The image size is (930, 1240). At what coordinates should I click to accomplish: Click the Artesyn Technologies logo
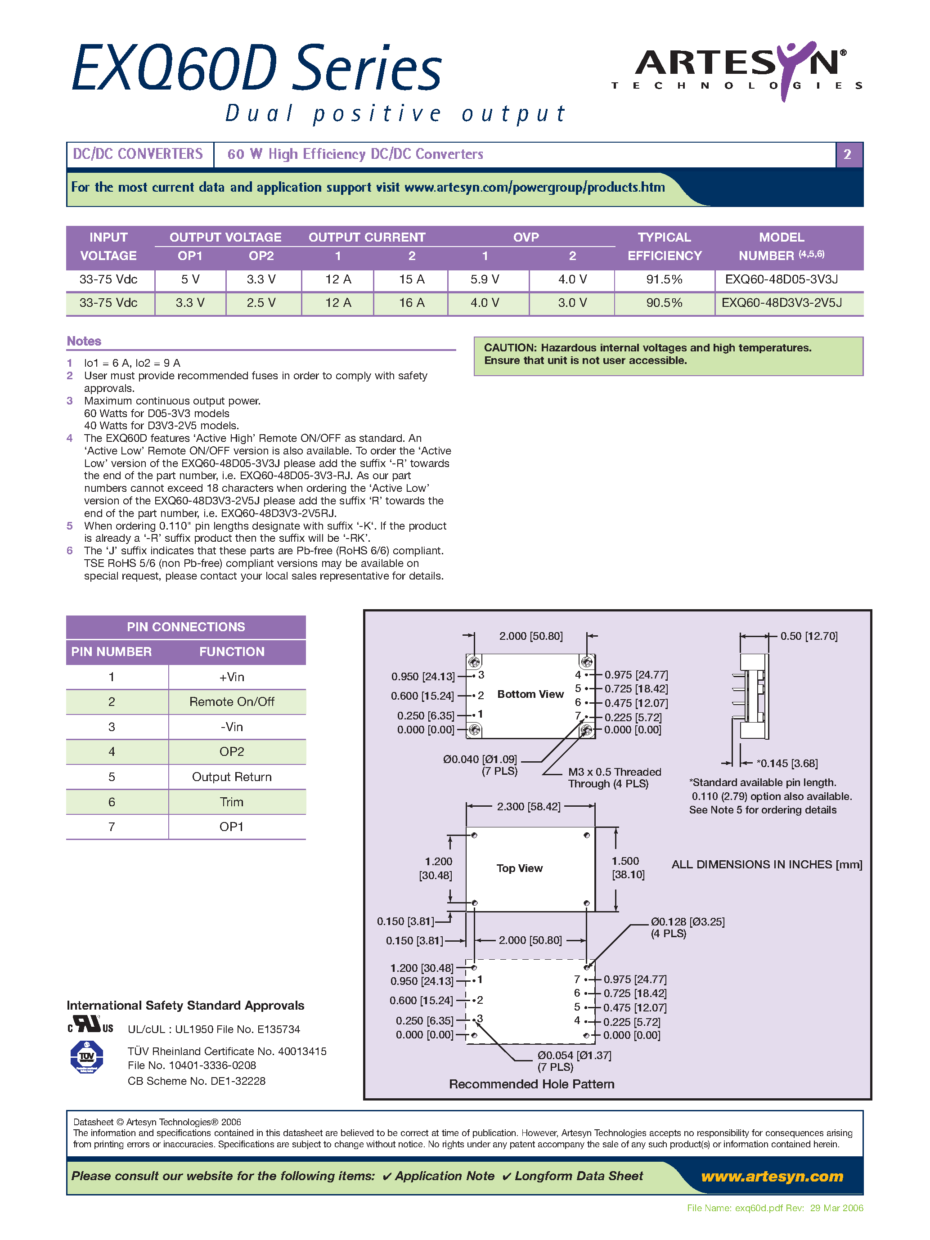[x=737, y=70]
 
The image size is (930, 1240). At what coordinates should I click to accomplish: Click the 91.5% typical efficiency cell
[x=664, y=279]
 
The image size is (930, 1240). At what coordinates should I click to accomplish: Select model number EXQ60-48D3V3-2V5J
[x=782, y=303]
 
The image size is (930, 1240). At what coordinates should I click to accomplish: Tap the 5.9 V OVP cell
[x=485, y=279]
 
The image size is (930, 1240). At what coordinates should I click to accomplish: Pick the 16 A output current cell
[x=412, y=303]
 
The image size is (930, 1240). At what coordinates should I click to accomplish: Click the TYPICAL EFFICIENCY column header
[x=664, y=246]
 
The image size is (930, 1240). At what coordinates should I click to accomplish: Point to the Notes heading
[x=84, y=341]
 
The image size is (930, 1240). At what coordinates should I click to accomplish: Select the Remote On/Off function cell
[x=232, y=702]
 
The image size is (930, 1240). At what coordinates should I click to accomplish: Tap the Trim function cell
[x=232, y=802]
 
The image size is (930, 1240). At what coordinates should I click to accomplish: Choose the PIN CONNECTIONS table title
[x=185, y=627]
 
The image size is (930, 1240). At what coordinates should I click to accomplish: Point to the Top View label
[x=519, y=868]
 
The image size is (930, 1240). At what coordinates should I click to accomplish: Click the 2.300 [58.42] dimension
[x=529, y=806]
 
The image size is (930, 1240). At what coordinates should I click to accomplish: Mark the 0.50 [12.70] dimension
[x=809, y=636]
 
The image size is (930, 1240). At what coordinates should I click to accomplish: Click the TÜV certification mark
[x=87, y=1056]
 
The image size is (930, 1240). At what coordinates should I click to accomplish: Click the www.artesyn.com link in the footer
[x=772, y=1176]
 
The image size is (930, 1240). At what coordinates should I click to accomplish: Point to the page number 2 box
[x=848, y=154]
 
